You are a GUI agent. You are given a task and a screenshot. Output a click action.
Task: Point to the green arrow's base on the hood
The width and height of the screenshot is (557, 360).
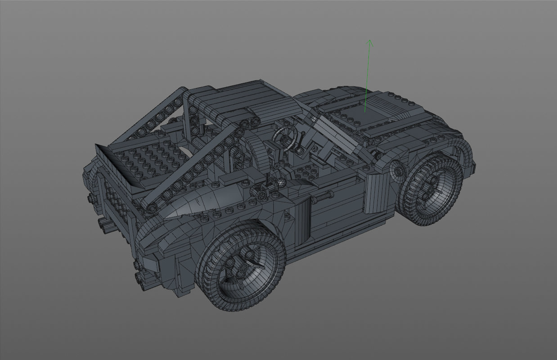[x=365, y=111]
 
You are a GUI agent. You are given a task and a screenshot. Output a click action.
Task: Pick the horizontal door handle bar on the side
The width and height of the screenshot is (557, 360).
[x=323, y=195]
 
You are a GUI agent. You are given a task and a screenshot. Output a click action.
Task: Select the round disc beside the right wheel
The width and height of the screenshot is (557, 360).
[x=398, y=170]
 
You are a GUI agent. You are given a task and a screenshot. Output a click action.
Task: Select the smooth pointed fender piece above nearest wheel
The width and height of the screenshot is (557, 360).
[x=198, y=202]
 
